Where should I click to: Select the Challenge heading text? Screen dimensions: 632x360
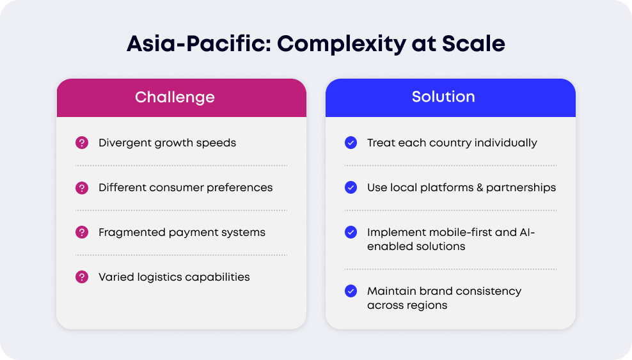click(175, 97)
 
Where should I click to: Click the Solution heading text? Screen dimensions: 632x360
click(443, 97)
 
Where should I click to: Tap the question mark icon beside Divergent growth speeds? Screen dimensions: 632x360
click(82, 143)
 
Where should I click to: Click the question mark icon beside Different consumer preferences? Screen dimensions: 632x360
click(82, 187)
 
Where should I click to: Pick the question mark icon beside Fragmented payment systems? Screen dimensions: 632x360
click(82, 232)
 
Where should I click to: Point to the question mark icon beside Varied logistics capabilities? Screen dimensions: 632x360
click(82, 277)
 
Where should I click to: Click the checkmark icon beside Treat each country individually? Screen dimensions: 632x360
click(351, 143)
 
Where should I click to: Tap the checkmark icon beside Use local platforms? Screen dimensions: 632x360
click(351, 187)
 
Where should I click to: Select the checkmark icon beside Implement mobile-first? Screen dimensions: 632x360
click(351, 232)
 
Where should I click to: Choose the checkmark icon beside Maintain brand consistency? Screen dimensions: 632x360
click(351, 291)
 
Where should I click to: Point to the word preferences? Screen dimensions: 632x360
click(240, 187)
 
